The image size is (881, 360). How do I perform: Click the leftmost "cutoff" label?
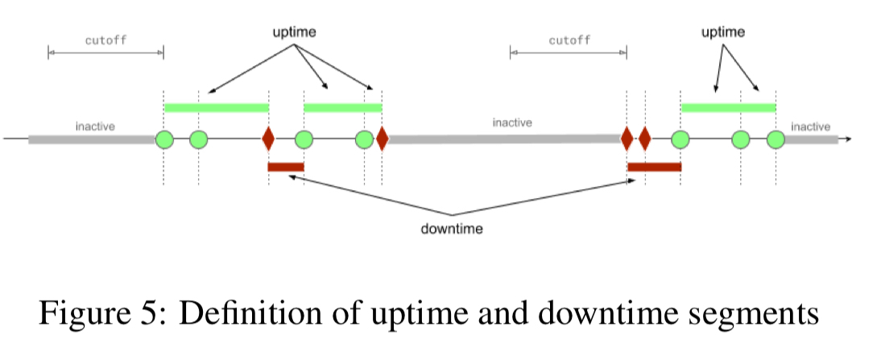[105, 39]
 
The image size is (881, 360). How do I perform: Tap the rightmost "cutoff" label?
[569, 39]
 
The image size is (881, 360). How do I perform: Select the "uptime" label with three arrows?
[293, 32]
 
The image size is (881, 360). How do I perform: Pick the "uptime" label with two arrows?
[722, 32]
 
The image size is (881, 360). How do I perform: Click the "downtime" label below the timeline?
[452, 229]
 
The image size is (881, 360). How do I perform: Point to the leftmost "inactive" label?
[95, 126]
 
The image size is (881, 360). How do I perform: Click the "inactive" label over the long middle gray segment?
[512, 123]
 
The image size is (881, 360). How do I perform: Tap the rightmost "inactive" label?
[810, 126]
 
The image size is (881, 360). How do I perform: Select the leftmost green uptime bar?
[216, 107]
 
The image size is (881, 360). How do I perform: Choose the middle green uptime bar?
[342, 107]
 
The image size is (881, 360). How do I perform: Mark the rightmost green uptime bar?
[728, 107]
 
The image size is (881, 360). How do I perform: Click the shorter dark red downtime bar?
[286, 167]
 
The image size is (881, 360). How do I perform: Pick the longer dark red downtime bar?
[654, 167]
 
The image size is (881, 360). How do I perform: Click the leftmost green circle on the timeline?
[164, 139]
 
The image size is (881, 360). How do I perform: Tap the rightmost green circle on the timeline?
[776, 139]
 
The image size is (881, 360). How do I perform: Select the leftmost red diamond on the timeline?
[268, 139]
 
